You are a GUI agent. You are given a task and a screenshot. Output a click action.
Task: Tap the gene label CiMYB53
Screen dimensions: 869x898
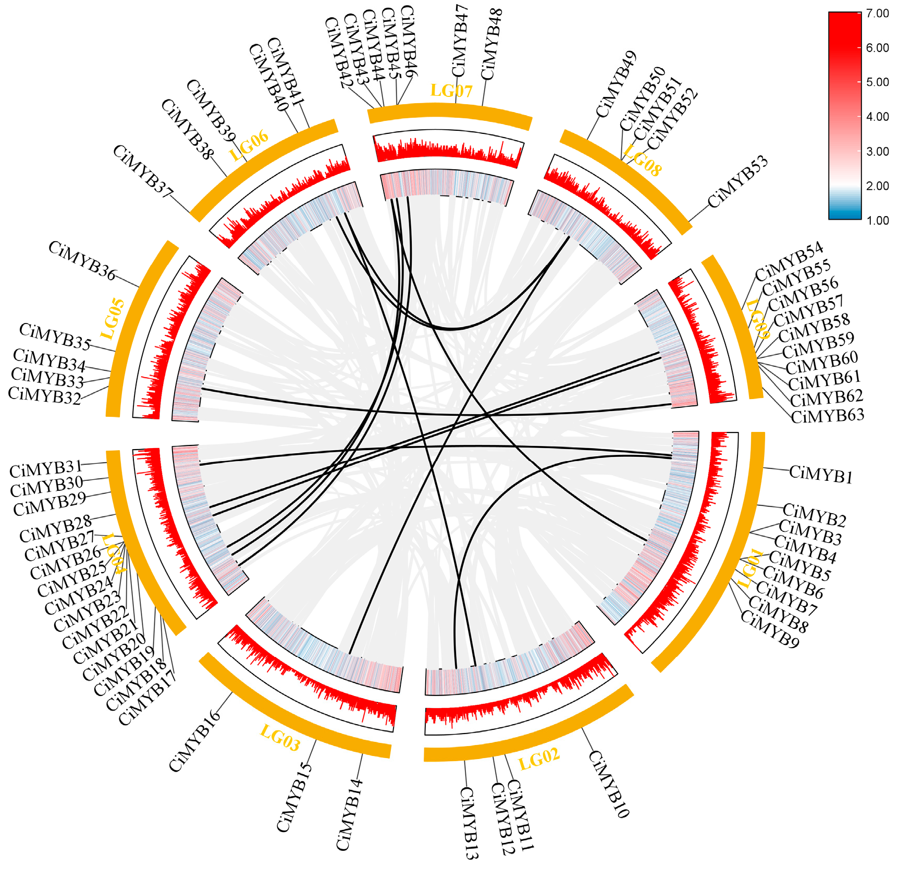coord(737,182)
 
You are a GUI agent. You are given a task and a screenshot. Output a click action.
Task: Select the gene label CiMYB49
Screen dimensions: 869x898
coord(616,84)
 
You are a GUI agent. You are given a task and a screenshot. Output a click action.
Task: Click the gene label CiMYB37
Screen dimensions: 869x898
coord(142,171)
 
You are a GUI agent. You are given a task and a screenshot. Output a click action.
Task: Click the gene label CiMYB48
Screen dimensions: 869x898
coord(491,44)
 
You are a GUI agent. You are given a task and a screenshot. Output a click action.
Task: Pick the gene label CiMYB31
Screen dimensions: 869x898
coord(46,468)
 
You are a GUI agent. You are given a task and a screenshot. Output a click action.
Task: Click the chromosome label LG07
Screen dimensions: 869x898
coord(451,91)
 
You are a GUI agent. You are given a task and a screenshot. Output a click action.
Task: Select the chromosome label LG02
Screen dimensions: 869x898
coord(539,759)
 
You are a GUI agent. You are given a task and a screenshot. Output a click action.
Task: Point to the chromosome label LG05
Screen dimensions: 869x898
coord(113,319)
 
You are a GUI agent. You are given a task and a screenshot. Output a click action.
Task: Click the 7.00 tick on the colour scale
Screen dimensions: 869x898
coord(877,14)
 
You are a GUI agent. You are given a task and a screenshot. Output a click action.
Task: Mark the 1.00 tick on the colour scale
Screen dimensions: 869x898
coord(877,220)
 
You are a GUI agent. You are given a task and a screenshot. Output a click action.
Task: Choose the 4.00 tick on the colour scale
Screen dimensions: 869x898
coord(877,117)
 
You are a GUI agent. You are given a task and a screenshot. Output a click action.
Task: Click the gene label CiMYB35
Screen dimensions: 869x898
coord(55,336)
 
